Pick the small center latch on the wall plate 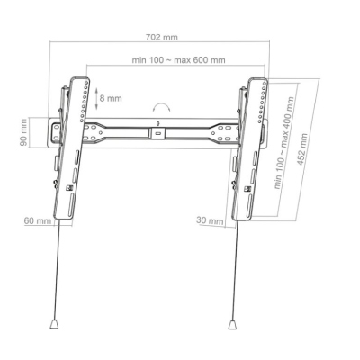pyautogui.click(x=158, y=131)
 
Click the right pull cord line pyautogui.click(x=236, y=270)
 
